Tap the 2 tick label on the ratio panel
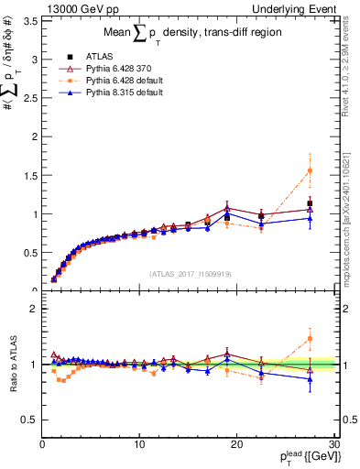coord(33,309)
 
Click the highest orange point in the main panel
coord(310,170)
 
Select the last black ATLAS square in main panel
coord(310,203)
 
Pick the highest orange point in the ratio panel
coord(310,338)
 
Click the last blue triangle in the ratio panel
coord(310,379)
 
